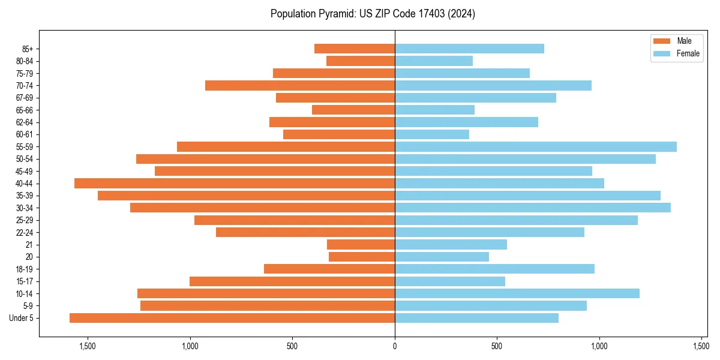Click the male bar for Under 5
point(232,318)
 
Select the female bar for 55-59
point(536,146)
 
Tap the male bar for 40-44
point(235,183)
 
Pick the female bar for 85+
point(469,49)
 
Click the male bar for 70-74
point(300,85)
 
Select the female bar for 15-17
point(450,281)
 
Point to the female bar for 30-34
point(533,208)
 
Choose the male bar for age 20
point(362,257)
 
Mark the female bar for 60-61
point(432,134)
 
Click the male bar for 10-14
point(266,293)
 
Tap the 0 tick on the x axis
point(395,346)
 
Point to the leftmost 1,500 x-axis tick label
point(88,346)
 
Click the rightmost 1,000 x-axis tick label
point(599,346)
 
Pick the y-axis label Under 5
point(22,318)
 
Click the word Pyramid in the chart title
point(334,14)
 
